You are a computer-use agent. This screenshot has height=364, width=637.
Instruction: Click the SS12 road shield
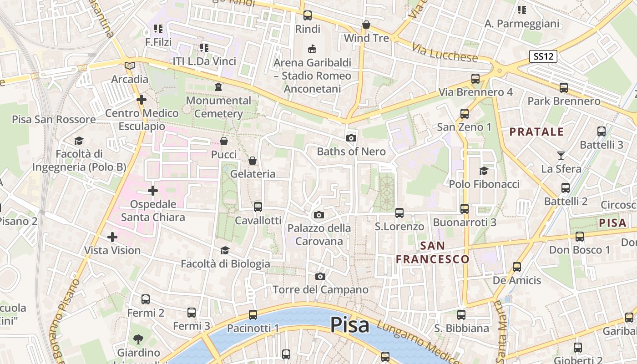tap(544, 57)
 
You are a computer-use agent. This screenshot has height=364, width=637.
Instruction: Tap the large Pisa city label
tap(349, 325)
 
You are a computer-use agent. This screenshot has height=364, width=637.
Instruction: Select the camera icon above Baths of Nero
tap(351, 138)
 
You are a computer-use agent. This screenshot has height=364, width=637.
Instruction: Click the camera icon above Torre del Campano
tap(320, 276)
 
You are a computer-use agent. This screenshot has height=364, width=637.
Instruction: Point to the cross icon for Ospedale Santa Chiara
tap(153, 190)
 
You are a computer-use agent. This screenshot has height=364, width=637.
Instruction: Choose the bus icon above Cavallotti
tap(258, 207)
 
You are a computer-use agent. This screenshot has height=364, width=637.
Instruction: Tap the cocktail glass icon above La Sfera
tap(561, 156)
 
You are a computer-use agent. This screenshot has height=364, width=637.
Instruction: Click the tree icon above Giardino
tap(138, 339)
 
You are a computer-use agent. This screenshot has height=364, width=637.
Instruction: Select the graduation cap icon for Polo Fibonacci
tap(484, 171)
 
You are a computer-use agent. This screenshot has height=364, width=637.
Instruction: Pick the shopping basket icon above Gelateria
tap(253, 161)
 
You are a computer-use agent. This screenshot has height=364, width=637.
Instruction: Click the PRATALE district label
tap(536, 132)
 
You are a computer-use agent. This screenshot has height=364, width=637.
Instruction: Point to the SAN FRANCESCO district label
tap(432, 253)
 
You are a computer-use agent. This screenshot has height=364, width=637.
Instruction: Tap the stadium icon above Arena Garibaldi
tap(312, 48)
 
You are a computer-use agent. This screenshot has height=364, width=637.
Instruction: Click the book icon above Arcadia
tap(130, 66)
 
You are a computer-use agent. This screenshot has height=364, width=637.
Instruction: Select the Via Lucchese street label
tap(445, 53)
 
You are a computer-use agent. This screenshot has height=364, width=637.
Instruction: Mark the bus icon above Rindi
tap(308, 15)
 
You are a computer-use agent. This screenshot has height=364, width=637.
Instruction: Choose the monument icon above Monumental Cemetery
tap(218, 87)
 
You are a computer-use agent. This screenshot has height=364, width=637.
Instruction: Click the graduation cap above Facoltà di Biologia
tap(225, 250)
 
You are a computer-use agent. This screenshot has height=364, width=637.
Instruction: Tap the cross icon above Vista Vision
tap(112, 237)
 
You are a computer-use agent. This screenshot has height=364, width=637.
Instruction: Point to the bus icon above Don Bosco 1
tap(580, 236)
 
